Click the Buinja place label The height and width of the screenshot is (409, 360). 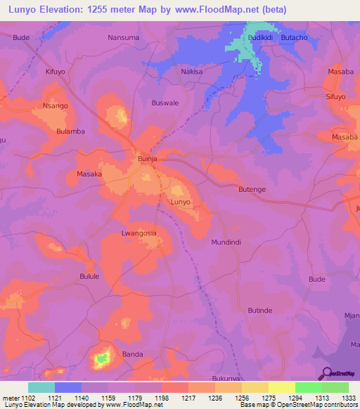coord(146,160)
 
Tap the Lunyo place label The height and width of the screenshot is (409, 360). coord(181,202)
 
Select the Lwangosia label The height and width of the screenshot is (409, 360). coord(139,233)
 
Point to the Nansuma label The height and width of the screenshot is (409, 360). coord(124,37)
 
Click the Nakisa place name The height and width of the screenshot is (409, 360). coord(192,72)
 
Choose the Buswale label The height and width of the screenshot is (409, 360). coord(165,103)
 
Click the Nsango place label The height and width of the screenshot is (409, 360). coord(55,105)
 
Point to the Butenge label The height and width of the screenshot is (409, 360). coord(252,190)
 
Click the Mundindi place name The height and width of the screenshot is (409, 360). coord(226,242)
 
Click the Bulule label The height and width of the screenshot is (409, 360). coord(91,276)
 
